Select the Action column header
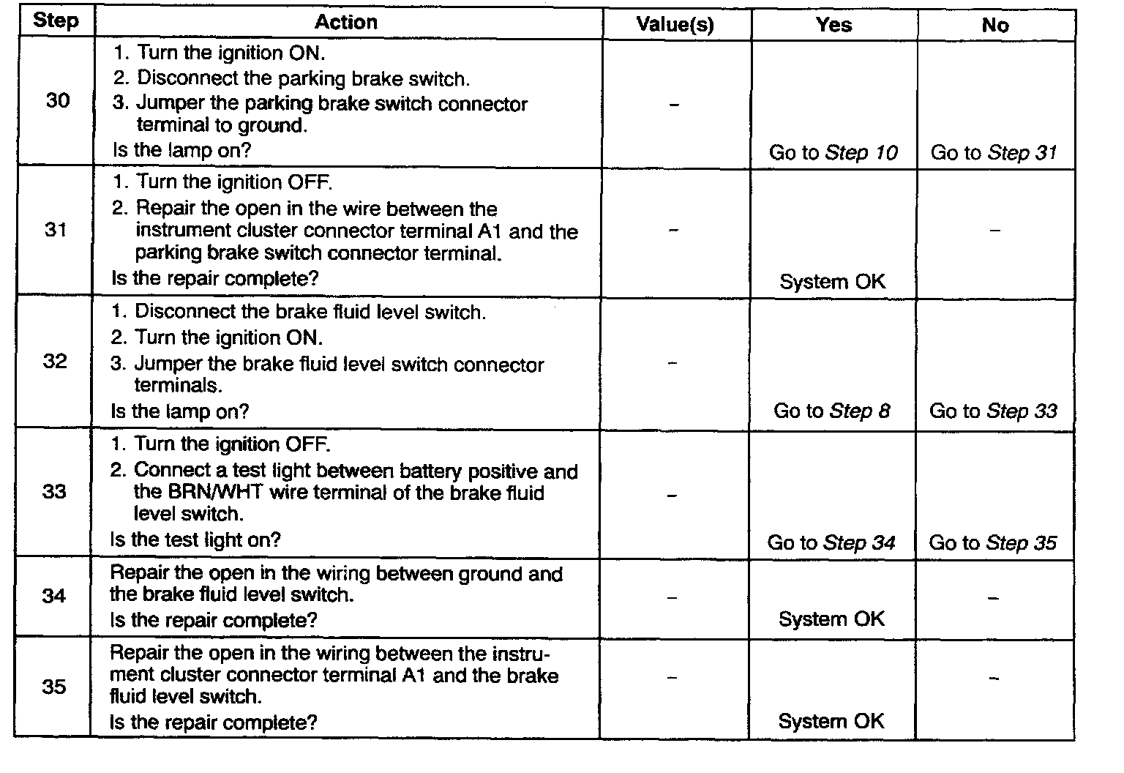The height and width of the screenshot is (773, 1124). (346, 22)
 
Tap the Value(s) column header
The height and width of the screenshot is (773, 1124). (675, 25)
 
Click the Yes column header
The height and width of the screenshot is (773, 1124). (833, 25)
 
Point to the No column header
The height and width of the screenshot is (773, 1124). (995, 25)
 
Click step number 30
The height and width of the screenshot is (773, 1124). (58, 100)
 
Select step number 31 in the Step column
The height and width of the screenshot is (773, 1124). (56, 230)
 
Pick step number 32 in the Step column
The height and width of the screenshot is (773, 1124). (55, 361)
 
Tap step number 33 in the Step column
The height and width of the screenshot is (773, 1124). (54, 490)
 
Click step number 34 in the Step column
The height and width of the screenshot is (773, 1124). (54, 595)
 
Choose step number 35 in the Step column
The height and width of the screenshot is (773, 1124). (54, 687)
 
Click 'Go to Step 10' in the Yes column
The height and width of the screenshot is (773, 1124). (833, 153)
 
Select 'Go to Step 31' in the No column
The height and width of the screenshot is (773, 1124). (994, 153)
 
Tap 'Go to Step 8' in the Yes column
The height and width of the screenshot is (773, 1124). (832, 411)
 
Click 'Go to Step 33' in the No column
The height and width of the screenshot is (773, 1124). (993, 411)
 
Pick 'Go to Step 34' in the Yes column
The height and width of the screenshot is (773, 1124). (831, 543)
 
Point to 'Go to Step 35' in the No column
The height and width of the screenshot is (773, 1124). (992, 543)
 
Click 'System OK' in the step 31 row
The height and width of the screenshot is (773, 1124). (832, 281)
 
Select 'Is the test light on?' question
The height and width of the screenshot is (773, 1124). (195, 540)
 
